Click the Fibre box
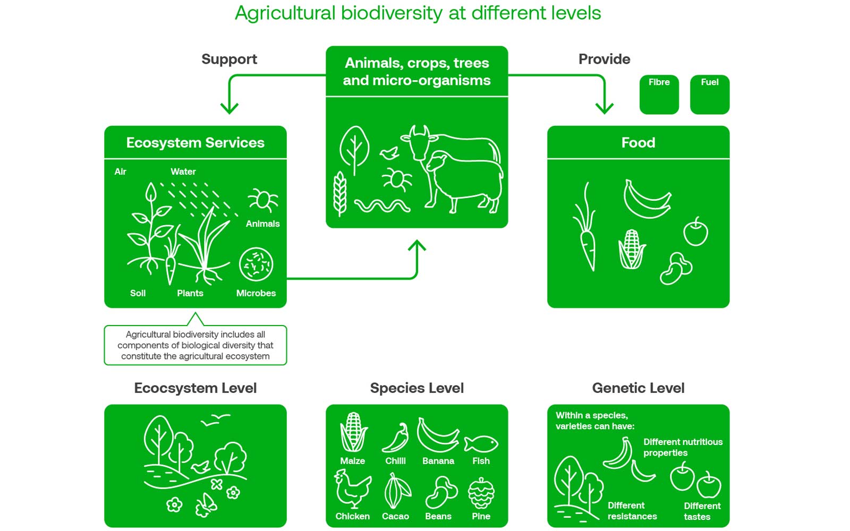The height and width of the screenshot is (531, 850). pyautogui.click(x=659, y=95)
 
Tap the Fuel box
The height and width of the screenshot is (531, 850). pyautogui.click(x=710, y=95)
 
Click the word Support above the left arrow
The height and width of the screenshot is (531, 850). pyautogui.click(x=229, y=59)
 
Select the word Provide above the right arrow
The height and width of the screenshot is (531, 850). pyautogui.click(x=604, y=59)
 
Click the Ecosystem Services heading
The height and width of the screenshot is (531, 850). pyautogui.click(x=195, y=143)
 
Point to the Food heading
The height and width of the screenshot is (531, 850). pyautogui.click(x=638, y=143)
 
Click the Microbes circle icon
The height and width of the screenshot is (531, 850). pyautogui.click(x=256, y=264)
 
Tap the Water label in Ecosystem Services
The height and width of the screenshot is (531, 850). pyautogui.click(x=183, y=172)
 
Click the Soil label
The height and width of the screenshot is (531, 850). pyautogui.click(x=138, y=293)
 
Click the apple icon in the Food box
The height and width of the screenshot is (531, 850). pyautogui.click(x=695, y=232)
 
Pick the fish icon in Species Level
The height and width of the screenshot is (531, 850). pyautogui.click(x=481, y=444)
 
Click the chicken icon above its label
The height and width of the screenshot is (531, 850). pyautogui.click(x=353, y=489)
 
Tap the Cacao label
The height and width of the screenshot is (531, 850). pyautogui.click(x=395, y=516)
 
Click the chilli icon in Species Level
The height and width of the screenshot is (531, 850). pyautogui.click(x=395, y=438)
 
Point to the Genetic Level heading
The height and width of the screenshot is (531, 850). pyautogui.click(x=638, y=388)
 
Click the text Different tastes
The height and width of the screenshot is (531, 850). pyautogui.click(x=702, y=511)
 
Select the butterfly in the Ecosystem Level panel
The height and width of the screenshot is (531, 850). pyautogui.click(x=206, y=505)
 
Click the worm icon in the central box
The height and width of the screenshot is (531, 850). pyautogui.click(x=382, y=206)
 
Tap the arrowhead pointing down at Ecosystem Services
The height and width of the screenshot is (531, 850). pyautogui.click(x=229, y=108)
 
